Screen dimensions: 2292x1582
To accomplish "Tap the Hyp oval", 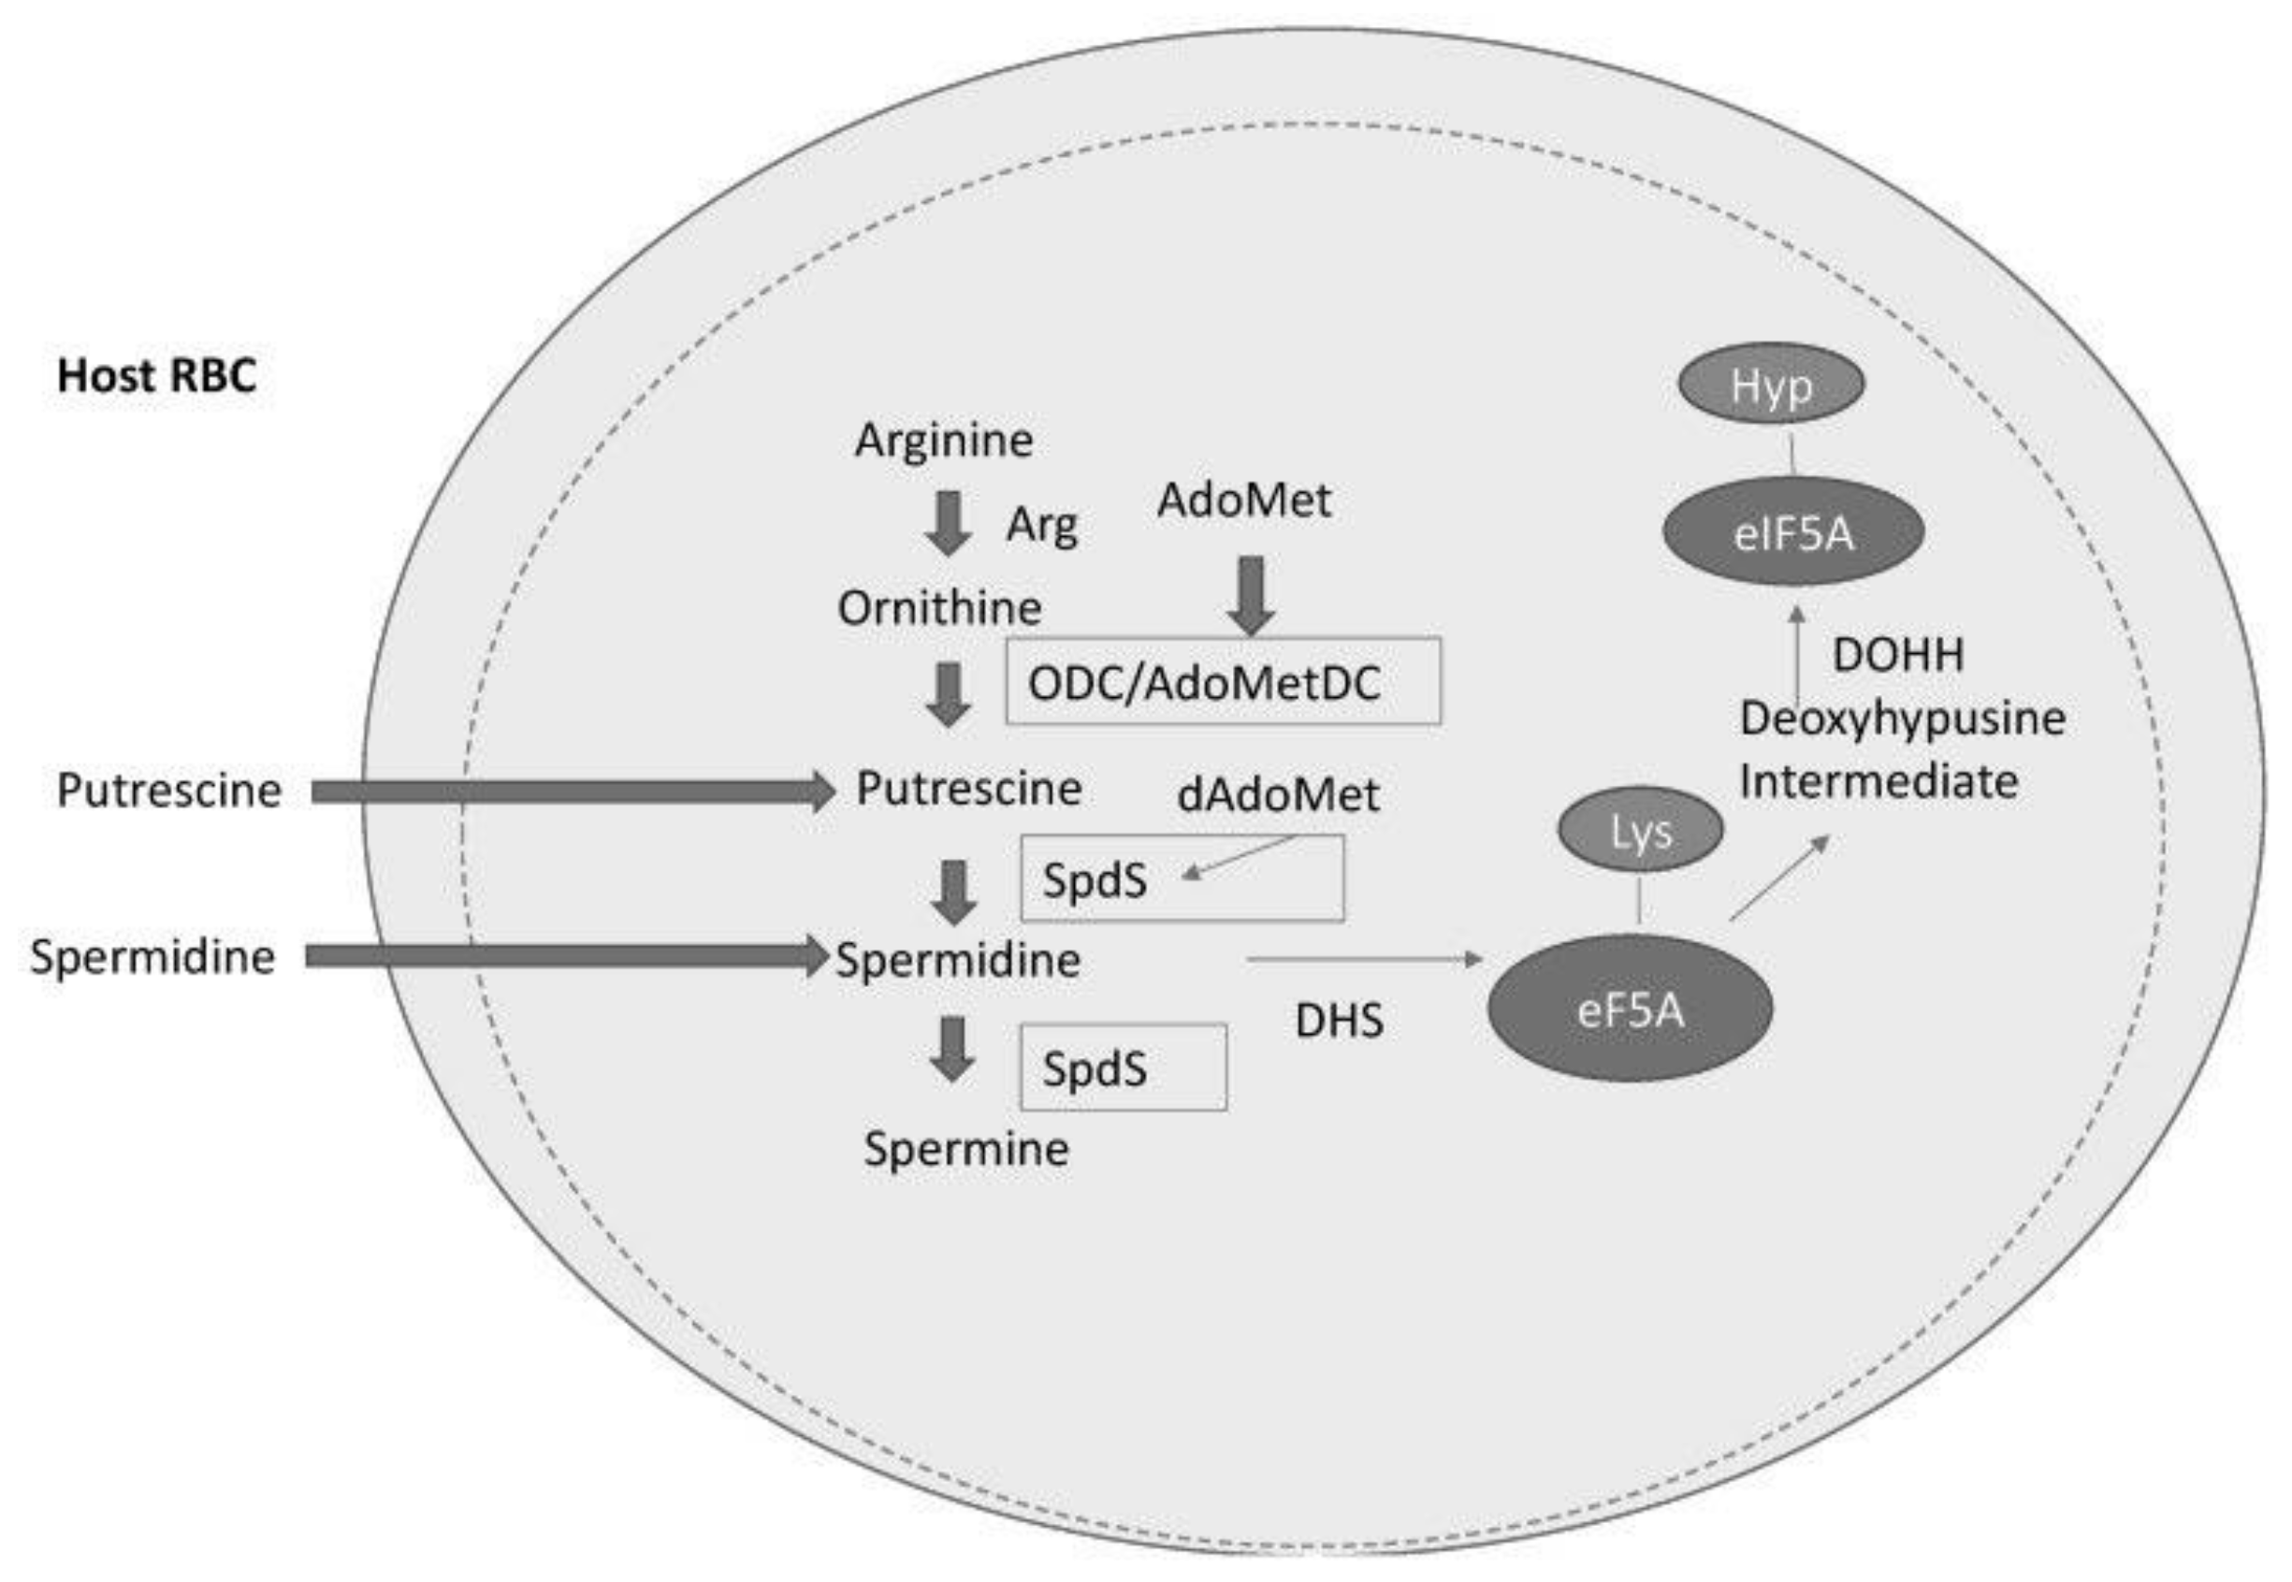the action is pyautogui.click(x=1771, y=384).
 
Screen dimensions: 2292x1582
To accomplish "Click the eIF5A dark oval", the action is pyautogui.click(x=1792, y=532).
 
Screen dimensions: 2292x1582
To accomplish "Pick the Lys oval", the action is pyautogui.click(x=1640, y=830).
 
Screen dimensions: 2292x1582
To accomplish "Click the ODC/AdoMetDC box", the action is pyautogui.click(x=1224, y=681).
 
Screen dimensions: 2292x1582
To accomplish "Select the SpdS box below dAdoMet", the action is pyautogui.click(x=1182, y=878).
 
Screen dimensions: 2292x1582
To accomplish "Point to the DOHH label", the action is pyautogui.click(x=1897, y=655).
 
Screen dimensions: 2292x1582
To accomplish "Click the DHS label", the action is pyautogui.click(x=1339, y=1020).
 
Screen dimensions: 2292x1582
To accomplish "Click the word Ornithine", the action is pyautogui.click(x=939, y=607).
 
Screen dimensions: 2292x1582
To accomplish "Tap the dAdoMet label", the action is pyautogui.click(x=1278, y=794).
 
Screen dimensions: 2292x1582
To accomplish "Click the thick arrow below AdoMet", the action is pyautogui.click(x=1252, y=596).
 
